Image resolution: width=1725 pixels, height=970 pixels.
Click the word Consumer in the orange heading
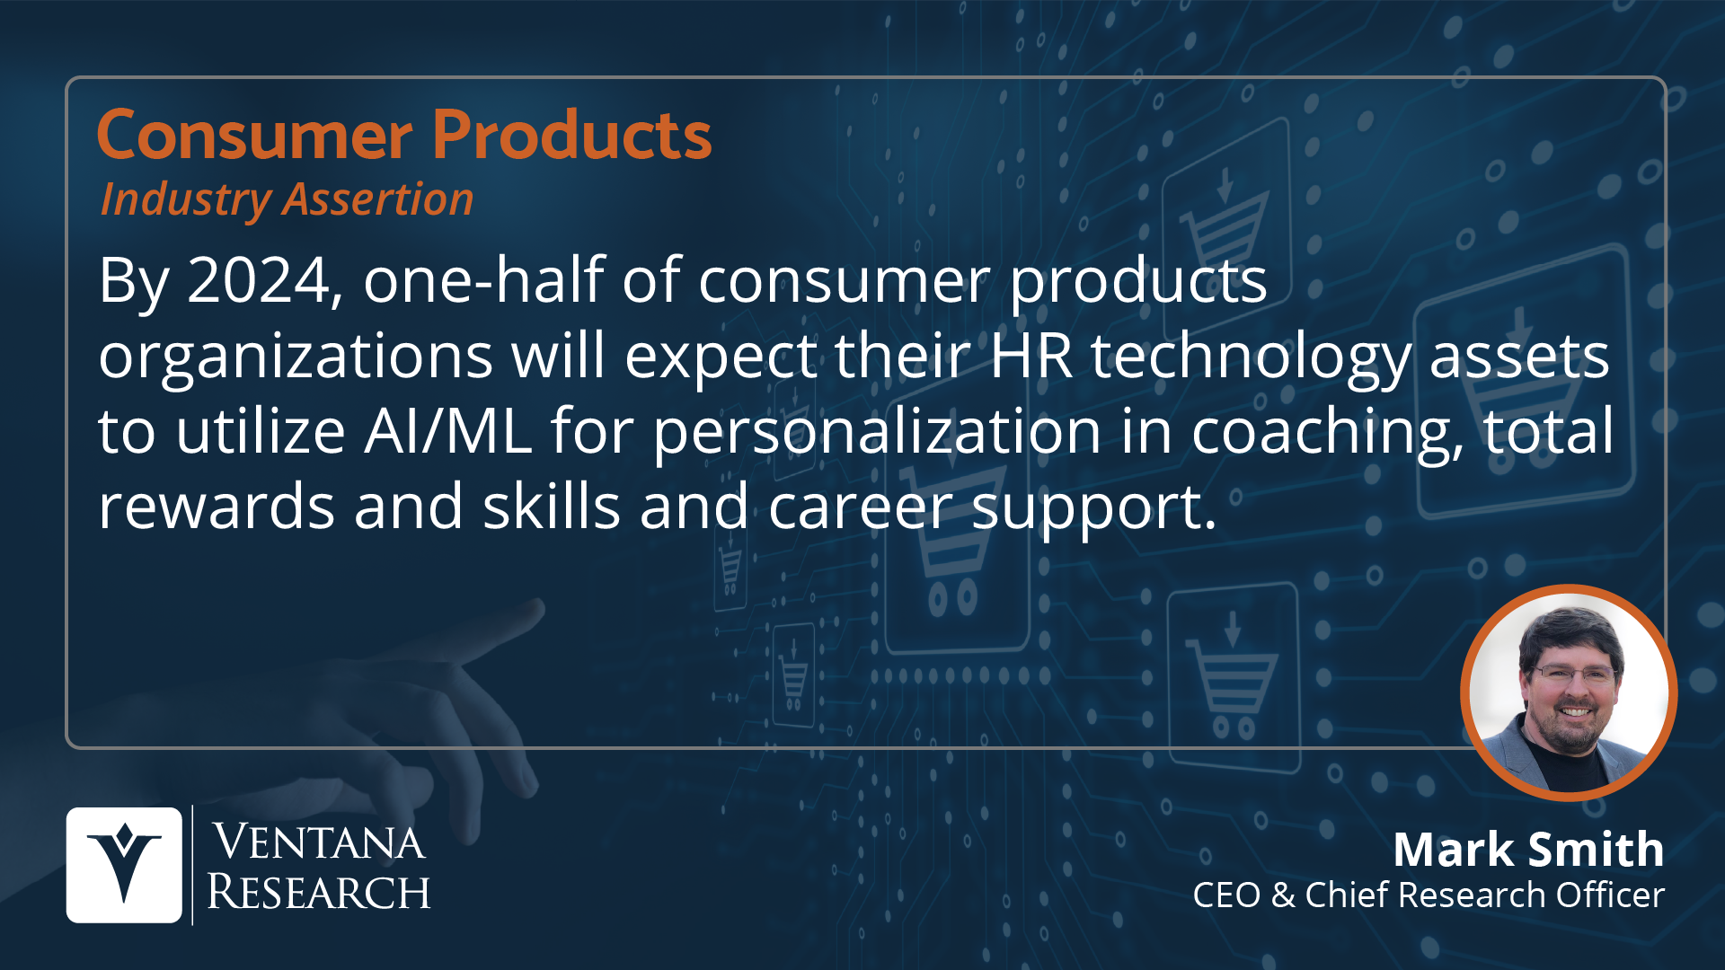tap(254, 136)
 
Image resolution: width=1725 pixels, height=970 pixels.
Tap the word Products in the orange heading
tap(572, 135)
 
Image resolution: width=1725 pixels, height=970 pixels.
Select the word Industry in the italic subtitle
tap(186, 199)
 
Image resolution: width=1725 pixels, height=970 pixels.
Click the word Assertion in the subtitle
tap(378, 198)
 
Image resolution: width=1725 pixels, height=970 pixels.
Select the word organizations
tap(296, 357)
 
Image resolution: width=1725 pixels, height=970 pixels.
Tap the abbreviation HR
tap(1031, 356)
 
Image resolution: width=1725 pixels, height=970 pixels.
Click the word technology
tap(1251, 357)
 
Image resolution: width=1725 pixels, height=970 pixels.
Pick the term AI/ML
tap(448, 431)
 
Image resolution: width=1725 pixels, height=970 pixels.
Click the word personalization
tap(877, 433)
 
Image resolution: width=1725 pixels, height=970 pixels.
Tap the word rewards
tap(216, 507)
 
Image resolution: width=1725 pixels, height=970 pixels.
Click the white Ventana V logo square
tap(124, 865)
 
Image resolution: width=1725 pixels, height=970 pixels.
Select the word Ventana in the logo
tap(318, 842)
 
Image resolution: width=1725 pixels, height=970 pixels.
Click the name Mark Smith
tap(1528, 849)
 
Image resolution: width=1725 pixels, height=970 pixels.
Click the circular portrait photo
tap(1569, 692)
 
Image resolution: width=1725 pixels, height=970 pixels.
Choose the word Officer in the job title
tap(1610, 895)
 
